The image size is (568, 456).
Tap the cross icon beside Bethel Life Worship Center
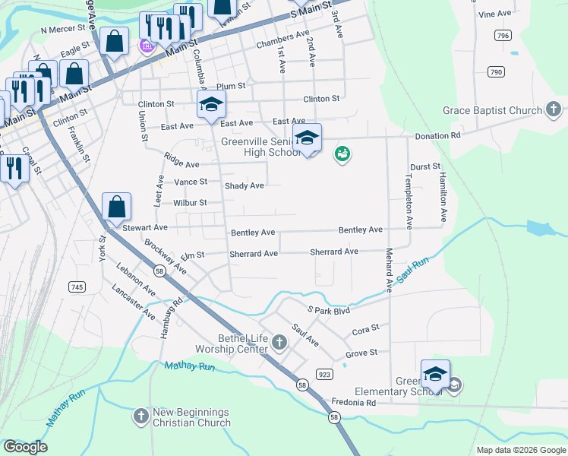coord(279,343)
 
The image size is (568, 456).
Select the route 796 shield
coord(501,36)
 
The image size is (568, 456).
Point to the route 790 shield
coord(496,72)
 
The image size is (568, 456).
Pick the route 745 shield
coord(76,287)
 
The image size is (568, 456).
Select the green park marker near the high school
coord(342,154)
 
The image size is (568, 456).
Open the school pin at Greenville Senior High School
coord(307,138)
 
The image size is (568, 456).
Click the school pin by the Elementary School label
coord(435,375)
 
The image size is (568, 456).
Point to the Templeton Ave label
coord(409,201)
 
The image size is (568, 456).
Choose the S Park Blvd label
coord(328,310)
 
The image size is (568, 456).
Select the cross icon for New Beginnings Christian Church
coord(140,416)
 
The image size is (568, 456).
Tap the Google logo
coord(25,447)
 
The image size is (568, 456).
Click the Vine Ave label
coord(495,14)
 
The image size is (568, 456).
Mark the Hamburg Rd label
coord(171,311)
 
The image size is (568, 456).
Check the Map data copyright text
coord(520,450)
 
